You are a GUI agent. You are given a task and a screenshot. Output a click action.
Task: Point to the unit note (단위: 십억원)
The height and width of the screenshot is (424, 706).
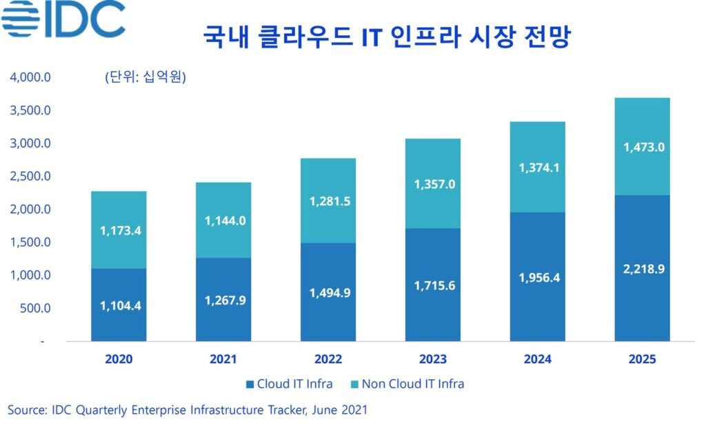[145, 77]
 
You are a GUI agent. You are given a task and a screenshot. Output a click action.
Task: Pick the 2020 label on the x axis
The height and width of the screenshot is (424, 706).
[119, 359]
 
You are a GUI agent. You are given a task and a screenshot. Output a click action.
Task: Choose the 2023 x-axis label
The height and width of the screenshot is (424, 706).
[433, 359]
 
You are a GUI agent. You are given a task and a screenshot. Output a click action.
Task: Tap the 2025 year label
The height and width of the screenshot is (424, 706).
[642, 359]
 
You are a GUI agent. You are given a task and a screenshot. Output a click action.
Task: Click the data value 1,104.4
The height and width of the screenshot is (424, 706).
[119, 305]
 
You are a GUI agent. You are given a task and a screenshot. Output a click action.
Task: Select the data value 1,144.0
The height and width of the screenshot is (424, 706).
[223, 221]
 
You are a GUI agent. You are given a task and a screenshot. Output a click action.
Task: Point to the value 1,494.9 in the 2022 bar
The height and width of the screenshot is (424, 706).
[328, 292]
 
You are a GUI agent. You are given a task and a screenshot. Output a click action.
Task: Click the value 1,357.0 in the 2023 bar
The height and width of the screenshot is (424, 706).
[433, 184]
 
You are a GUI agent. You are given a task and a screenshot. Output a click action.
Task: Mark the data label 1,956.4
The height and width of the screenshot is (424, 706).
[538, 277]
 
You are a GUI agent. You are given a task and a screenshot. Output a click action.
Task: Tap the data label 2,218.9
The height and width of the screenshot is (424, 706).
[642, 269]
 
